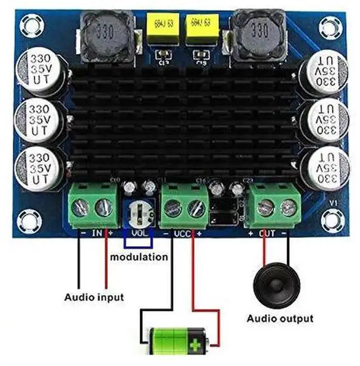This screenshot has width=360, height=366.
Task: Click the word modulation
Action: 138,257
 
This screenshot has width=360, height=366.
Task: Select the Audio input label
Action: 94,296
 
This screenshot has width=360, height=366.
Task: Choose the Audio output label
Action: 280,318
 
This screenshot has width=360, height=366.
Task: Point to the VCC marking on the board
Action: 182,233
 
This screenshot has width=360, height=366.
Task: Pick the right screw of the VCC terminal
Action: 196,209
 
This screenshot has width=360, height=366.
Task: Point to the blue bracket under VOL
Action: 138,243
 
